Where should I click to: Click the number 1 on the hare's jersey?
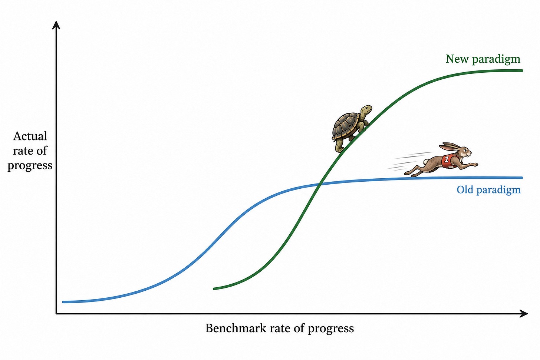tap(447, 159)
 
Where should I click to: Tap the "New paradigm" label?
tap(483, 59)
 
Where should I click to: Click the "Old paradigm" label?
tap(488, 190)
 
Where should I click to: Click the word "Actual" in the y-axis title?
tap(30, 136)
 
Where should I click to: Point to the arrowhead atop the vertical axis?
tap(56, 25)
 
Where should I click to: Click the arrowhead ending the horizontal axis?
tap(524, 314)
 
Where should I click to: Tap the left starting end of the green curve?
tap(214, 288)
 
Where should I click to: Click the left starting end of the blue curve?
tap(63, 302)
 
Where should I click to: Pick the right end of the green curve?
tap(522, 70)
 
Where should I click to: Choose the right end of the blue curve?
tap(522, 178)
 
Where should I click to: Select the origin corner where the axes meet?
tap(56, 314)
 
